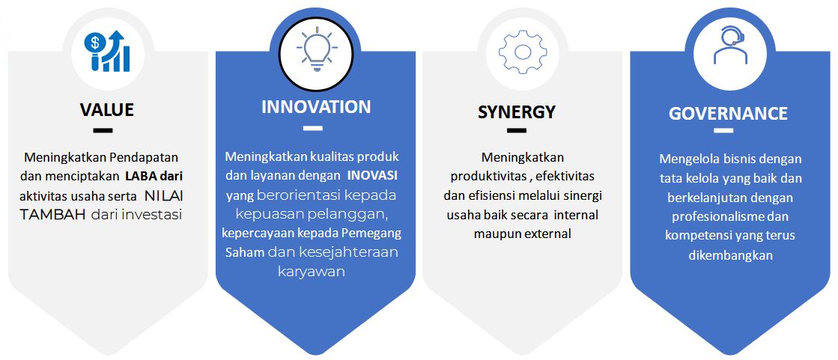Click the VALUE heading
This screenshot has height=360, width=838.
(107, 109)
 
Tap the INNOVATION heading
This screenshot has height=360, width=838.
(316, 107)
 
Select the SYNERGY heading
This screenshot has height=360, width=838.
(516, 112)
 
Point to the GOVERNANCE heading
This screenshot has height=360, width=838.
(728, 113)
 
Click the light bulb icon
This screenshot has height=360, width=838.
(316, 51)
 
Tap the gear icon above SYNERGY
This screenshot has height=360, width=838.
(523, 52)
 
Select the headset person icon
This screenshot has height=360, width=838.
(730, 46)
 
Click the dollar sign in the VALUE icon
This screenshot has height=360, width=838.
(96, 41)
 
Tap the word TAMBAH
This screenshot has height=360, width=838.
(53, 215)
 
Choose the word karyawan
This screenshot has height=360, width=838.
(312, 271)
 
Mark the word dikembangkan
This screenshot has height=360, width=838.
(731, 254)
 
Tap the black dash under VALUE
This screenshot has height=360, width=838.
(103, 129)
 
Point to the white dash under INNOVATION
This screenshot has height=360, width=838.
(313, 128)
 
